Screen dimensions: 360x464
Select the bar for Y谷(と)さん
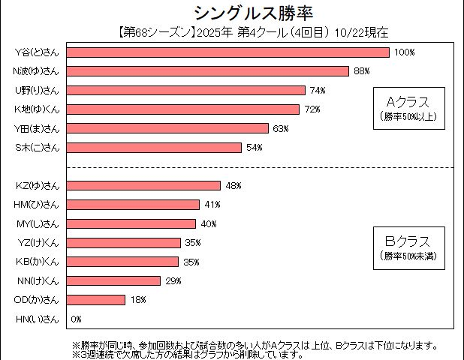228,52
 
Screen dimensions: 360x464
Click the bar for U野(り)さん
186,91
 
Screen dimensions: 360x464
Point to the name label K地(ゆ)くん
37,109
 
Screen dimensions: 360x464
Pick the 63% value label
281,129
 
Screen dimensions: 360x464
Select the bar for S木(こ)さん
155,148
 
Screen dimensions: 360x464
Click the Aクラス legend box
408,107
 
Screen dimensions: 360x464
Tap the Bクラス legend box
408,247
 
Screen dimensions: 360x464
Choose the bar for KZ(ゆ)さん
143,185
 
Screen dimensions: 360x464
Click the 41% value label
212,205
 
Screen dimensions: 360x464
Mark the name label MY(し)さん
37,223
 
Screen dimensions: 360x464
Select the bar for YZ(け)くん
124,242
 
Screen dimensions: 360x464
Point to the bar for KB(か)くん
123,262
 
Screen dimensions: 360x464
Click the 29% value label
173,281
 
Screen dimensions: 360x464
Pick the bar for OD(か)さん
96,300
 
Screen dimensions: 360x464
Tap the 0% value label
76,319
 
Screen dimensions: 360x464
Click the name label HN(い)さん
37,319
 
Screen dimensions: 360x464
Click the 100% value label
405,52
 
